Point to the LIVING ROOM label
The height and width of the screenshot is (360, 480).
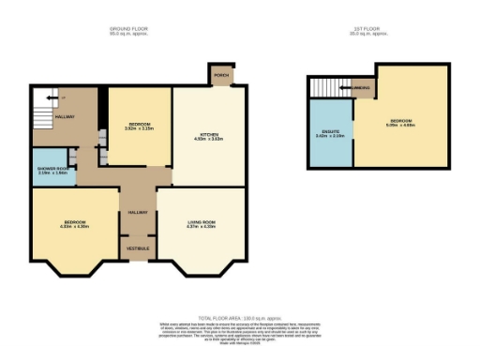[x=202, y=221]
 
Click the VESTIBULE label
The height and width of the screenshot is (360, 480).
[x=138, y=247]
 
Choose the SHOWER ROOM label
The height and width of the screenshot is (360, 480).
[x=53, y=169]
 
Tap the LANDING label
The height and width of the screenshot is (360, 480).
[x=363, y=89]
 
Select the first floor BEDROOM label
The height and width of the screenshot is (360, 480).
[x=400, y=121]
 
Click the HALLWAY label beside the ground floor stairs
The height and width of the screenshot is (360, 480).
[x=65, y=117]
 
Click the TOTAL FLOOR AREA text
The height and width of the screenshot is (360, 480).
[x=240, y=320]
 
